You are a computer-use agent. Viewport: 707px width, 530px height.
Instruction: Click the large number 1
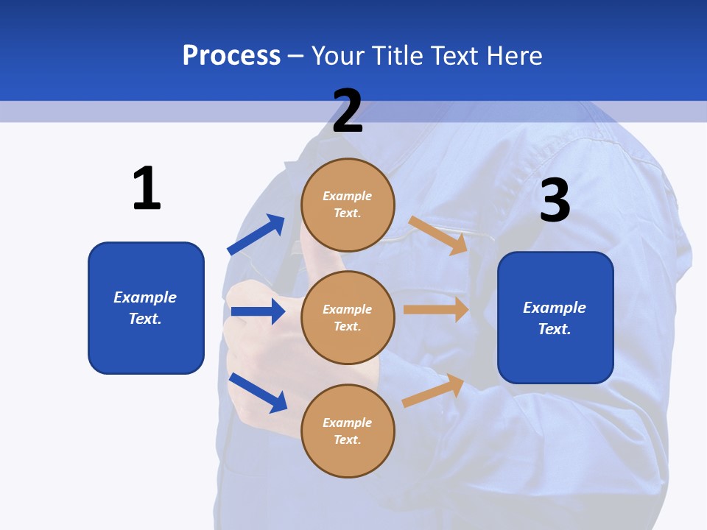tap(147, 188)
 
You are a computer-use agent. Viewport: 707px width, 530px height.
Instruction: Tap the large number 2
tap(348, 111)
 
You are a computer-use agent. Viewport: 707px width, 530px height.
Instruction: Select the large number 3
tap(555, 200)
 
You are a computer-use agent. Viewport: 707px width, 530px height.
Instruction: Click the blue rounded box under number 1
tap(146, 308)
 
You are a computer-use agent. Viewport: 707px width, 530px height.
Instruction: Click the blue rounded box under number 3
tap(555, 318)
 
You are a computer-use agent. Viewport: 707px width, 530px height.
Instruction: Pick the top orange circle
tap(348, 205)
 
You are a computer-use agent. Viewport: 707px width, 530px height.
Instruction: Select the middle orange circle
tap(348, 317)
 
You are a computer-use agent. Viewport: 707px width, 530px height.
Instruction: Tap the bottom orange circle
tap(348, 431)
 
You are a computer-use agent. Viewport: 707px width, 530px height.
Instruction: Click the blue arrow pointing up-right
tap(256, 235)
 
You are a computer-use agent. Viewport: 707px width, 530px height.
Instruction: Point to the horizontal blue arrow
tap(258, 311)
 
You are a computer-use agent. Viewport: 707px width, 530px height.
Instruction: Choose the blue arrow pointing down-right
tap(258, 392)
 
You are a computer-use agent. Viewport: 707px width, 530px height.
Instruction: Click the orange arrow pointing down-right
tap(438, 235)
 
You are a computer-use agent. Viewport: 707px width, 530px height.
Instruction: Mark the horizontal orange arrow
tap(436, 309)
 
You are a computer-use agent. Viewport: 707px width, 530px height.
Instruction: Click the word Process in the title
tap(231, 55)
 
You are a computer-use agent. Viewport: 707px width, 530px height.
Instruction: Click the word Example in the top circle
tap(348, 196)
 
